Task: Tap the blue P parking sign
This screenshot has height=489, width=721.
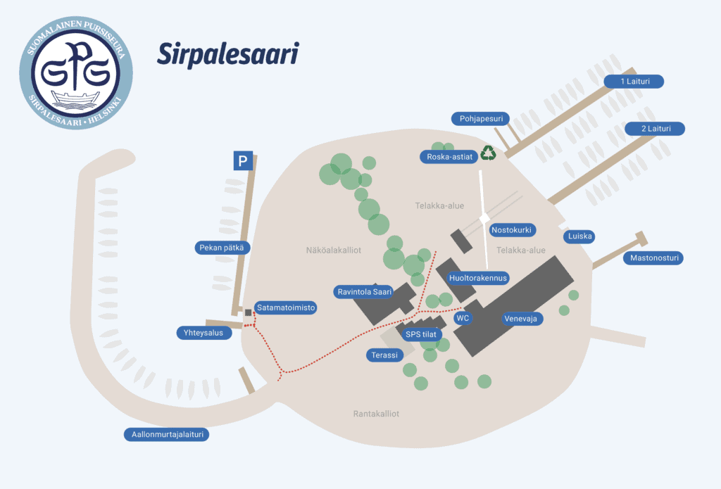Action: [x=243, y=161]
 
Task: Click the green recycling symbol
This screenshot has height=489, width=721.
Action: [x=489, y=153]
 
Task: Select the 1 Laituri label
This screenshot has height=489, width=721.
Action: [x=634, y=82]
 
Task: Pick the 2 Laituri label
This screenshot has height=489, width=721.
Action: [x=655, y=129]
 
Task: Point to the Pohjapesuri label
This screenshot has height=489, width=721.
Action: [x=480, y=119]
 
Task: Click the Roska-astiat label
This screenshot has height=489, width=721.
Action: [x=449, y=157]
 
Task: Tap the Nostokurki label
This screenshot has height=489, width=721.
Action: [x=512, y=230]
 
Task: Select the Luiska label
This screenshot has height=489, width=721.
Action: [x=579, y=236]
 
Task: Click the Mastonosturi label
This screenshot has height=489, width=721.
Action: [x=653, y=258]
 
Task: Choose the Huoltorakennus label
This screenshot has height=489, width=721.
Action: [x=478, y=278]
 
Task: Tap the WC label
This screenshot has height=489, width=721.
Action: [x=463, y=318]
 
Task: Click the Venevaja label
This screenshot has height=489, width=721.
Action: [x=522, y=319]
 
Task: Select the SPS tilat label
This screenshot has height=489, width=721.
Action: [x=421, y=335]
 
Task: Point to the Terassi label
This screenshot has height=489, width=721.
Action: [x=385, y=355]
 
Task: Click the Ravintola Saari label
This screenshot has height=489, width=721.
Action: [x=364, y=292]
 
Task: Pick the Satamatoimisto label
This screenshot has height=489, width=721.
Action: [x=286, y=307]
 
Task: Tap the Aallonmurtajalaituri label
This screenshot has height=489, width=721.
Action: [x=167, y=434]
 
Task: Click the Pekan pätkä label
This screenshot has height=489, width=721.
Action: [x=222, y=248]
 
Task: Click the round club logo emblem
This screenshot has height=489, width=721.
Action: [x=76, y=73]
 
